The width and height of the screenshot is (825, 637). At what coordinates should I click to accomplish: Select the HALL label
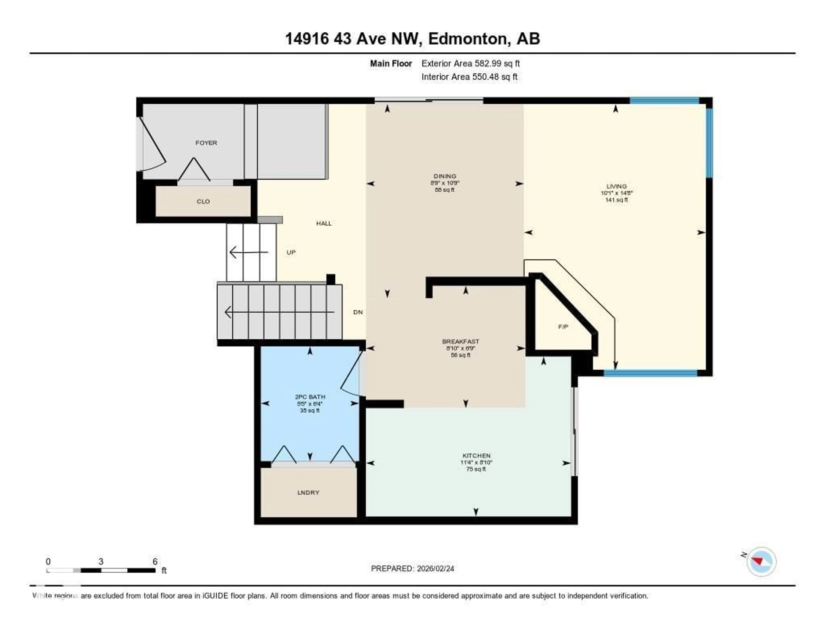(324, 223)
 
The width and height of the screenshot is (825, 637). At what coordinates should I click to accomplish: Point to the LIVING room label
(616, 186)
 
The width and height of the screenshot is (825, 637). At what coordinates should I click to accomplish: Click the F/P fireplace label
(563, 327)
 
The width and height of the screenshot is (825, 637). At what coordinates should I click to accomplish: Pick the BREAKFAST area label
(460, 341)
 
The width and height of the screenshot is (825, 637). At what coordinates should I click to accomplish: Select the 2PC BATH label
(310, 397)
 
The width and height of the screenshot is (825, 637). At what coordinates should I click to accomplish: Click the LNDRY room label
(308, 492)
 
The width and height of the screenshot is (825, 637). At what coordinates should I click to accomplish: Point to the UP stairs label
(291, 252)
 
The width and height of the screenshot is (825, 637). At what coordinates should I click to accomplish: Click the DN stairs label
(358, 312)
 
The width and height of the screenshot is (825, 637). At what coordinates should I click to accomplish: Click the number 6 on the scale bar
(155, 561)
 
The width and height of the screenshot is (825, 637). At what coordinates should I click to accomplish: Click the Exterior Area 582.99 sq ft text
(470, 63)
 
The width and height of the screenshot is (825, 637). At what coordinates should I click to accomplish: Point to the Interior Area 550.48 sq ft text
(469, 77)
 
